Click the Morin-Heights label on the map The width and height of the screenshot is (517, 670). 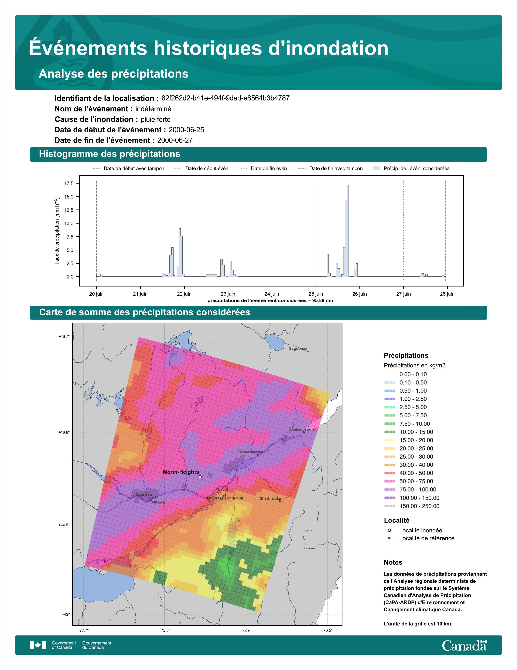coord(181,472)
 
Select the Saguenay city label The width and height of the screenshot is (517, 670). coord(298,348)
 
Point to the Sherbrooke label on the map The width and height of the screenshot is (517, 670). coord(270,498)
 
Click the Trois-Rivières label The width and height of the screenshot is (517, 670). coord(250,452)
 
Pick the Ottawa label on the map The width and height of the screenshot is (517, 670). coord(158,502)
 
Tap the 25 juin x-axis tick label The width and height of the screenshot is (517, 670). coord(316,294)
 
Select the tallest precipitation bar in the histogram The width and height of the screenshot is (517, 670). coord(348,231)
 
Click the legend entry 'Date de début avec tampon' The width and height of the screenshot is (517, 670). coord(128,169)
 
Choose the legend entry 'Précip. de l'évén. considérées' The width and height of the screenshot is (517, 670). coord(411,169)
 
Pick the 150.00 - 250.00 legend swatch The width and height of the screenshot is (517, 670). coord(389,506)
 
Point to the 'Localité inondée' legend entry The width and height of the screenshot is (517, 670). coord(415,530)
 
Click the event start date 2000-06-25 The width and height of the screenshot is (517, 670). coord(186,130)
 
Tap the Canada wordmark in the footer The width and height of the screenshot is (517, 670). coord(464,646)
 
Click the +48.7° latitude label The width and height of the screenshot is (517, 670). coord(64,337)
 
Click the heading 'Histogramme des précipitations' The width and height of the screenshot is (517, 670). coord(110,154)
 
